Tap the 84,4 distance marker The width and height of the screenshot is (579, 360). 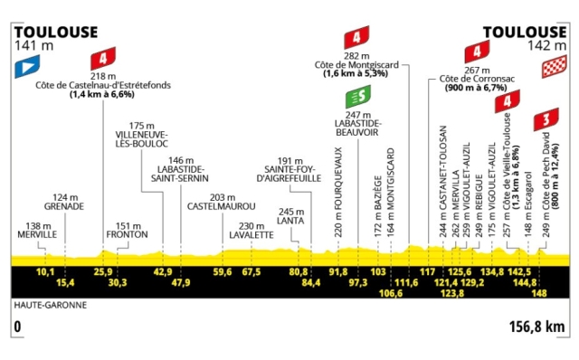312,282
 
